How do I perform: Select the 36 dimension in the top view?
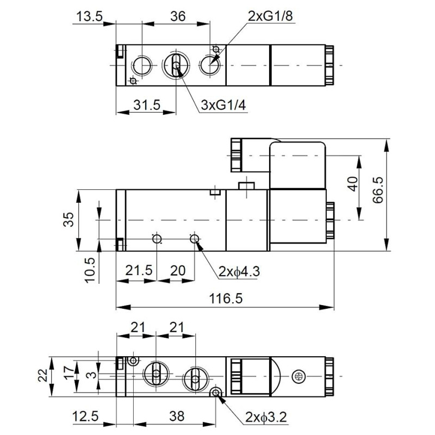[175, 16]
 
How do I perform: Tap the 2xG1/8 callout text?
[270, 16]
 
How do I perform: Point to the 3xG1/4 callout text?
[223, 105]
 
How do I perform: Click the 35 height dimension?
[69, 220]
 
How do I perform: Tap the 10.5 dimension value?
[90, 270]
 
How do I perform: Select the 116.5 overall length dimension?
[225, 298]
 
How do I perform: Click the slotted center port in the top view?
[175, 67]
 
